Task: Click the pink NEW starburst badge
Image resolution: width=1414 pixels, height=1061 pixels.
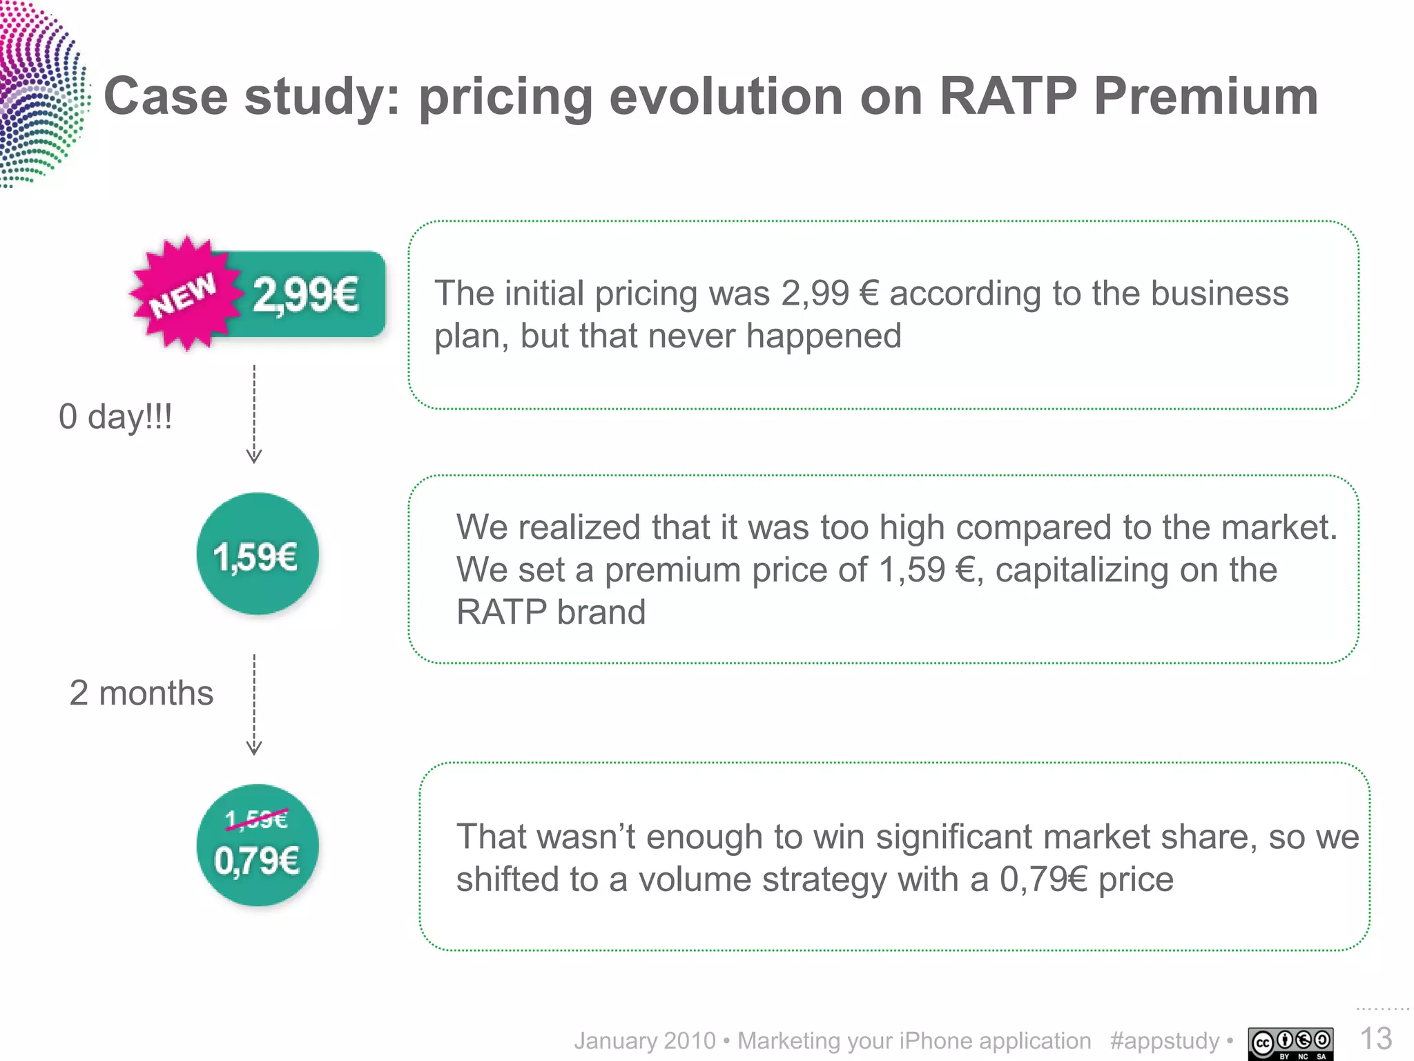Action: pos(184,294)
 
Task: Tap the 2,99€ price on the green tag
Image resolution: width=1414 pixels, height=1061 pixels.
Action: pos(306,295)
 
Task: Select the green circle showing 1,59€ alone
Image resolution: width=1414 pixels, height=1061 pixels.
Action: pos(257,554)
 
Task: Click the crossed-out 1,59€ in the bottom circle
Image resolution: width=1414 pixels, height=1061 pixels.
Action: pos(256,819)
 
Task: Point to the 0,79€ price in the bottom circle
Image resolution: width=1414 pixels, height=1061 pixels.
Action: pos(257,861)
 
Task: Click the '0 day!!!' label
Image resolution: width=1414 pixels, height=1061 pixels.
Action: pos(115,417)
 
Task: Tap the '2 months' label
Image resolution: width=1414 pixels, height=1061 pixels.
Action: pos(142,693)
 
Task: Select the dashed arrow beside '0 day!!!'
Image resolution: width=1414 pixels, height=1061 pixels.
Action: pos(254,414)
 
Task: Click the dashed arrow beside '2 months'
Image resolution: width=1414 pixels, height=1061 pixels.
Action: pos(254,705)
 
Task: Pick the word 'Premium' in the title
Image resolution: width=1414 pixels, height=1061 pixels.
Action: pos(1206,96)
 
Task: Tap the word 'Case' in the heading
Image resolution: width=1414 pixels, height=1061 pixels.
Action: pos(166,96)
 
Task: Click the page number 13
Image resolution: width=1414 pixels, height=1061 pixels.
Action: pos(1375,1038)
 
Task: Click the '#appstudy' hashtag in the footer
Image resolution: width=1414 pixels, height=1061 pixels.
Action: pos(1165,1041)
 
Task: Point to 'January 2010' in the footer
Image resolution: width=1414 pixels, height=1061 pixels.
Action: pos(645,1041)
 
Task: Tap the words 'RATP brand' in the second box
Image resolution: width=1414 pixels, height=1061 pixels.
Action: pos(551,612)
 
